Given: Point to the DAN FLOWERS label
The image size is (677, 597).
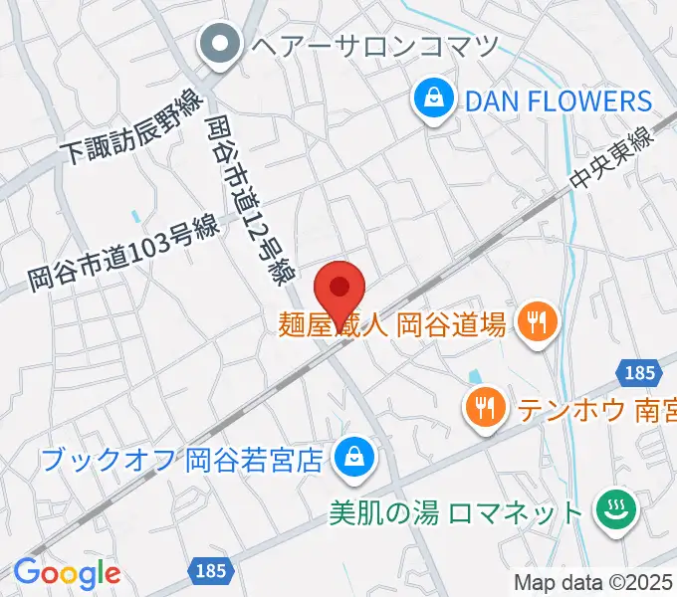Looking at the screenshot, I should (556, 100).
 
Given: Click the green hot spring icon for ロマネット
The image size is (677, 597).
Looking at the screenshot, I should (611, 511).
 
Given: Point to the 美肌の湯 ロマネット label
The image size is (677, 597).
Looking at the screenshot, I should (456, 512).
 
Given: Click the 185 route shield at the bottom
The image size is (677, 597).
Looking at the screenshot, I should (211, 570).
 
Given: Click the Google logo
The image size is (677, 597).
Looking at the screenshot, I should (67, 572).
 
